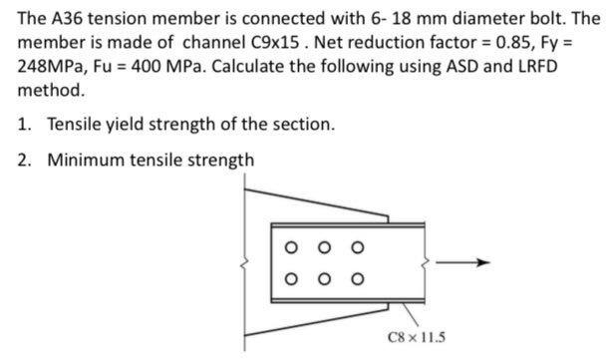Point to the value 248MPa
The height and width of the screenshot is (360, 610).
(x=50, y=66)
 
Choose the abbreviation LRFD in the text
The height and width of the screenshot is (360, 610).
(x=532, y=66)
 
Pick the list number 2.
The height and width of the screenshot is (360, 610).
(x=25, y=160)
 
